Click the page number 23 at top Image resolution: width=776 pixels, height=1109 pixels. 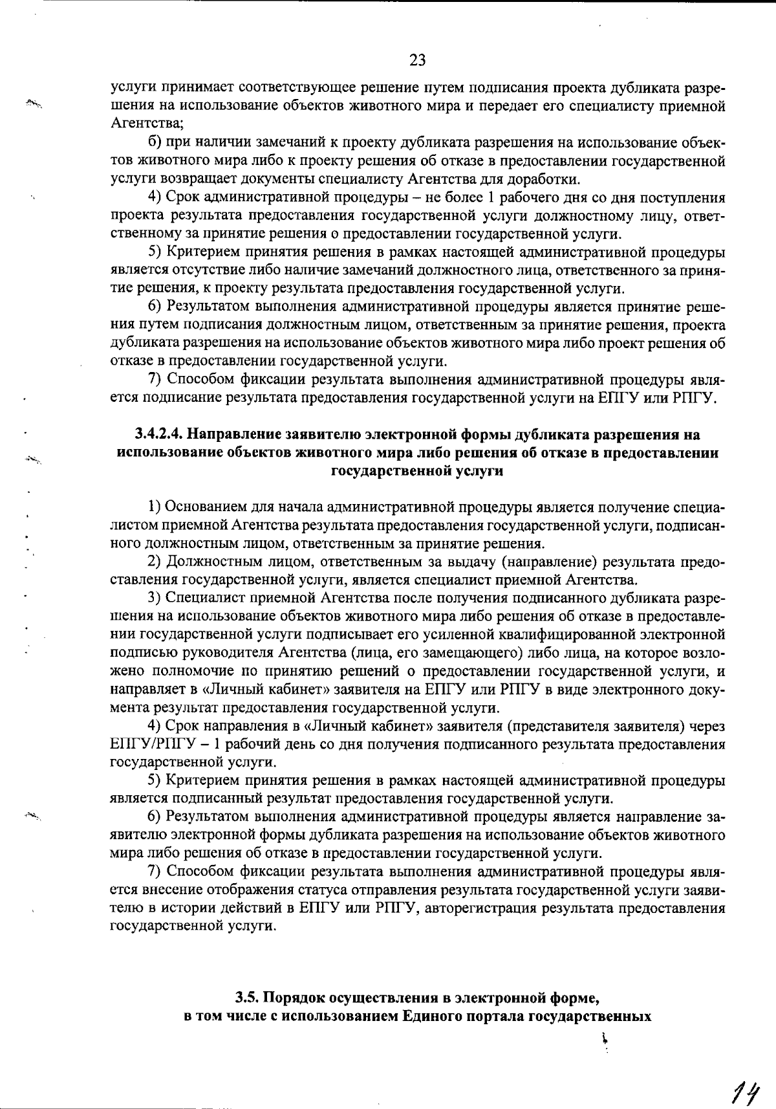[418, 60]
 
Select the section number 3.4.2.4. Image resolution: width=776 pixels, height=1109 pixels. [160, 435]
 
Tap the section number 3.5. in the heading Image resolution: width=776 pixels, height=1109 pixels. [247, 997]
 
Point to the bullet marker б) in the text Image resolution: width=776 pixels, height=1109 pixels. [155, 142]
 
